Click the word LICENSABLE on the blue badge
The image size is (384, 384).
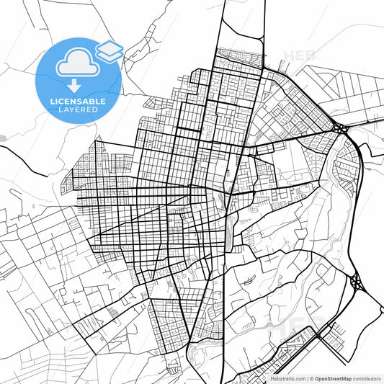coord(79,102)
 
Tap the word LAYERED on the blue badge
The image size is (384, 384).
coord(79,112)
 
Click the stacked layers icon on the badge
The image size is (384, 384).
coord(110,50)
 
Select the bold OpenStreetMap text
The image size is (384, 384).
coord(338,378)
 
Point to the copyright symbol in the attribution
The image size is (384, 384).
coord(312,378)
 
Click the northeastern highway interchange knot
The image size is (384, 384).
coord(341,130)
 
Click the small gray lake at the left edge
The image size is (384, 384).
coord(3,137)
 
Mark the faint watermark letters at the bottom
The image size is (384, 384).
coord(288,328)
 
